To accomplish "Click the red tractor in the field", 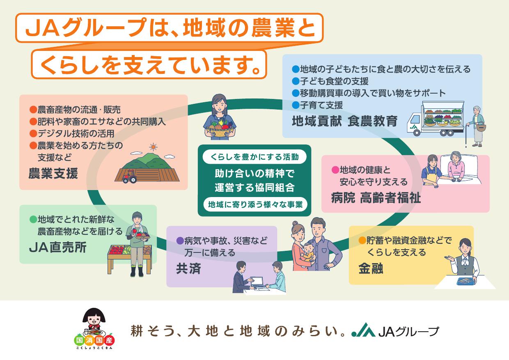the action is (130, 177).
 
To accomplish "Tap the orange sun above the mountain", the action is (154, 147).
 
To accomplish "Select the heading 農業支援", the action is (53, 173).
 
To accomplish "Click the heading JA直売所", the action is (58, 248).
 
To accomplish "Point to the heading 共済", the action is (188, 268).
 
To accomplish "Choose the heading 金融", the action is (371, 268).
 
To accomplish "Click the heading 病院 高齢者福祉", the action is (376, 198).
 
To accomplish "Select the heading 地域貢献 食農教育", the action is (345, 121).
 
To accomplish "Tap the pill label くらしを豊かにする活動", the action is (254, 157).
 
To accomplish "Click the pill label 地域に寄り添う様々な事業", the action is (255, 204).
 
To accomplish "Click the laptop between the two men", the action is (257, 282).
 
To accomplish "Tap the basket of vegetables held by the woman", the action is (220, 130).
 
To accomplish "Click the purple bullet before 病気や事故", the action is (180, 241).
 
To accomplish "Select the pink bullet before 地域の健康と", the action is (335, 170).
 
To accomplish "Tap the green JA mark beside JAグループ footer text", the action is (363, 330).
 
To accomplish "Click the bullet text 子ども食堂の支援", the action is (334, 81).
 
